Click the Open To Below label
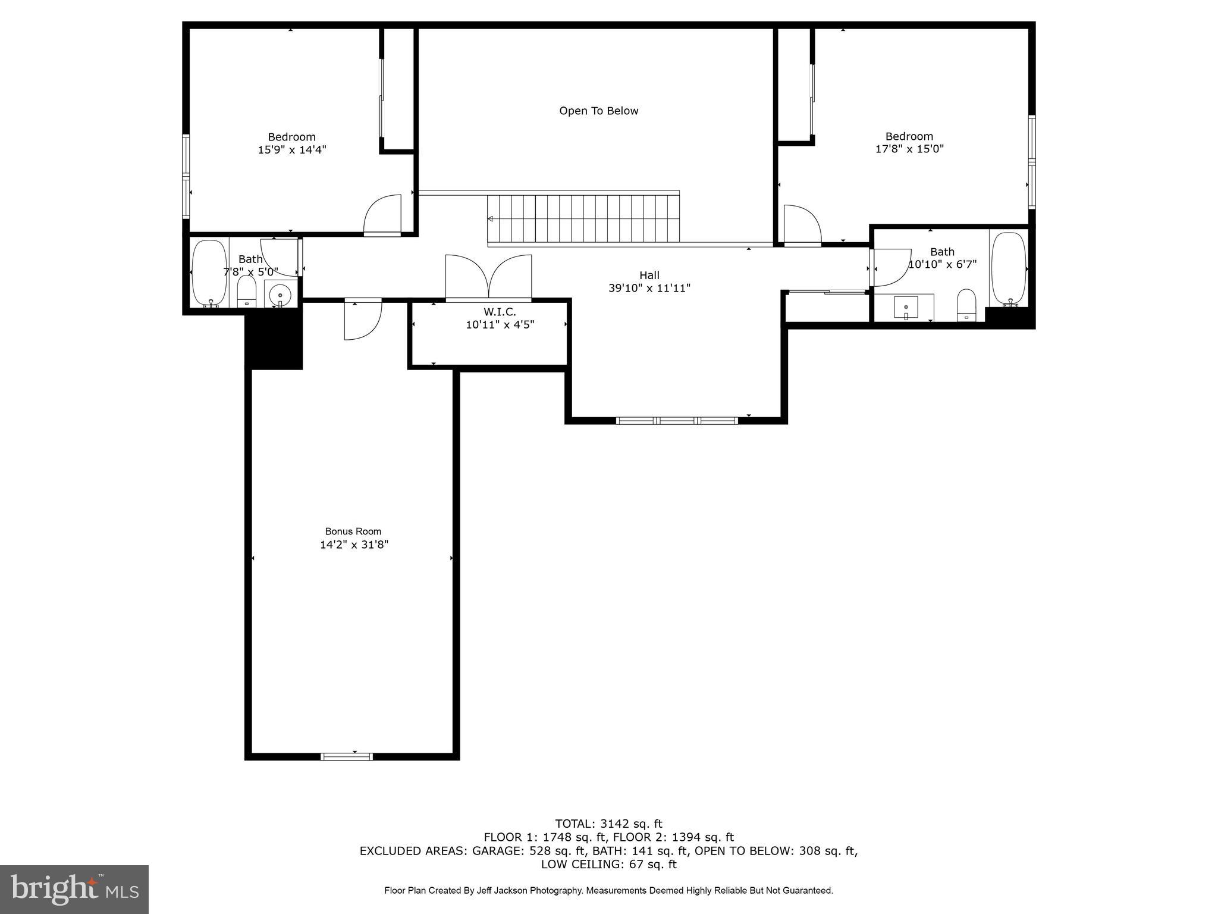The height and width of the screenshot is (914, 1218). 598,111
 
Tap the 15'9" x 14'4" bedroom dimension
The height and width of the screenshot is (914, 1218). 291,150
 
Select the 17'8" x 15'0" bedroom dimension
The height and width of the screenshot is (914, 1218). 909,149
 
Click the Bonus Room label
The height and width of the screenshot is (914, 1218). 353,531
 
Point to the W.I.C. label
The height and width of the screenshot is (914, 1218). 500,312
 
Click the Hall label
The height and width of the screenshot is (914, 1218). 649,275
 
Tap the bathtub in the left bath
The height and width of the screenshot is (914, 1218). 209,273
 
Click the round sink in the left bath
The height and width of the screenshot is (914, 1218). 280,295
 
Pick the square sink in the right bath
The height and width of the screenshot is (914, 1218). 905,308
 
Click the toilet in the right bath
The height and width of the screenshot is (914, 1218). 966,305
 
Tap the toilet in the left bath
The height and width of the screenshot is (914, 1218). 246,292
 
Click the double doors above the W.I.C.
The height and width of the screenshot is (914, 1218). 488,277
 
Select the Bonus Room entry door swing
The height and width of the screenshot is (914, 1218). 362,320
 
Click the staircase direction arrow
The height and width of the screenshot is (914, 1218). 491,219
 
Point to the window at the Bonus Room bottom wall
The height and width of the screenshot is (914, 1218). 347,756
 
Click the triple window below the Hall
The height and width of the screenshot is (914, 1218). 677,421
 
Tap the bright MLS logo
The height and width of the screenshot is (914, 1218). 74,889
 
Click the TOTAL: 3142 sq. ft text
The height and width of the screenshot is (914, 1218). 608,824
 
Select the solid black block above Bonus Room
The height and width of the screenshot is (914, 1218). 274,342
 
